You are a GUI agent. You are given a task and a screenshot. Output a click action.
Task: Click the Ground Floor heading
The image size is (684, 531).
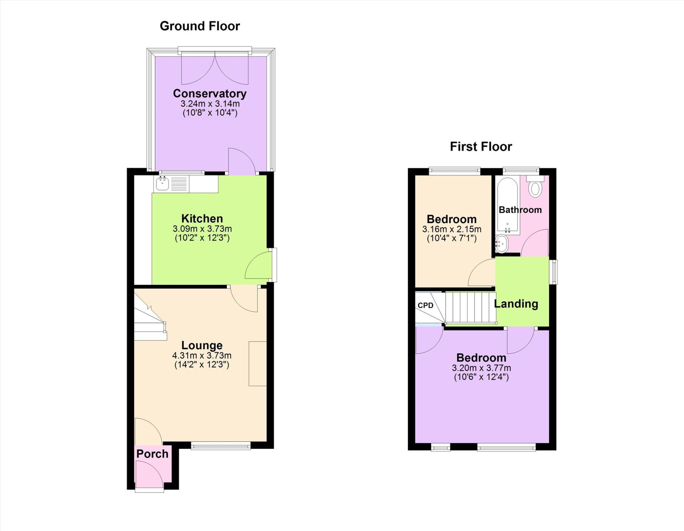(x=200, y=26)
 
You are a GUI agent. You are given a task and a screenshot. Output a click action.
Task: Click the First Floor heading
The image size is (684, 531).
(x=481, y=147)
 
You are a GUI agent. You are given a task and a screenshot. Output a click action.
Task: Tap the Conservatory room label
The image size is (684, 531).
(x=209, y=94)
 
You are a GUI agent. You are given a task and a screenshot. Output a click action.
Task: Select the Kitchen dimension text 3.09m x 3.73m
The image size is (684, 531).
(x=202, y=229)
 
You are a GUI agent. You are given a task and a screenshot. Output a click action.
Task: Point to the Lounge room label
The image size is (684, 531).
(x=202, y=345)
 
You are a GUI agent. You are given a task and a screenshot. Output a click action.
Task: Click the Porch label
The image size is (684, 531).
(x=152, y=454)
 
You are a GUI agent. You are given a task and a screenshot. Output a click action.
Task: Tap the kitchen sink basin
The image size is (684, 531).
(x=162, y=183)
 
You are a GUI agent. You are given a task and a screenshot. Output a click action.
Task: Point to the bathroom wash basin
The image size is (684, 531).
(x=501, y=244)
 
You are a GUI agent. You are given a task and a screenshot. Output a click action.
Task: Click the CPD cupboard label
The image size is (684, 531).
(x=425, y=306)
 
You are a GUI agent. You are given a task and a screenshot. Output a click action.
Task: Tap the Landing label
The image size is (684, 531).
(x=516, y=304)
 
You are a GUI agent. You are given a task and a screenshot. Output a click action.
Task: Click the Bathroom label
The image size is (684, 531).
(x=520, y=210)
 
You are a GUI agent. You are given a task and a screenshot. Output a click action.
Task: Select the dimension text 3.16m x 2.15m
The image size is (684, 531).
(x=452, y=229)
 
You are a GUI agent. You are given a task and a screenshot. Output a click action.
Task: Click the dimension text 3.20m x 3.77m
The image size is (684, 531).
(x=481, y=368)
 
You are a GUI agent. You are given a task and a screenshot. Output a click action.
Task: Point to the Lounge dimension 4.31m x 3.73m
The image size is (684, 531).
(x=202, y=356)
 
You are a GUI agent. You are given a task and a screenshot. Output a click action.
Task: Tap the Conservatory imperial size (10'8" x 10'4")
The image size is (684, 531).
(x=210, y=113)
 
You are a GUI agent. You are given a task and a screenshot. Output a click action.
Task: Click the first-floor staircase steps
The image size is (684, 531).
(x=470, y=307)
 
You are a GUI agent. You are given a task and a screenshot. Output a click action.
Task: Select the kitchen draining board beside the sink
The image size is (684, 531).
(x=179, y=184)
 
